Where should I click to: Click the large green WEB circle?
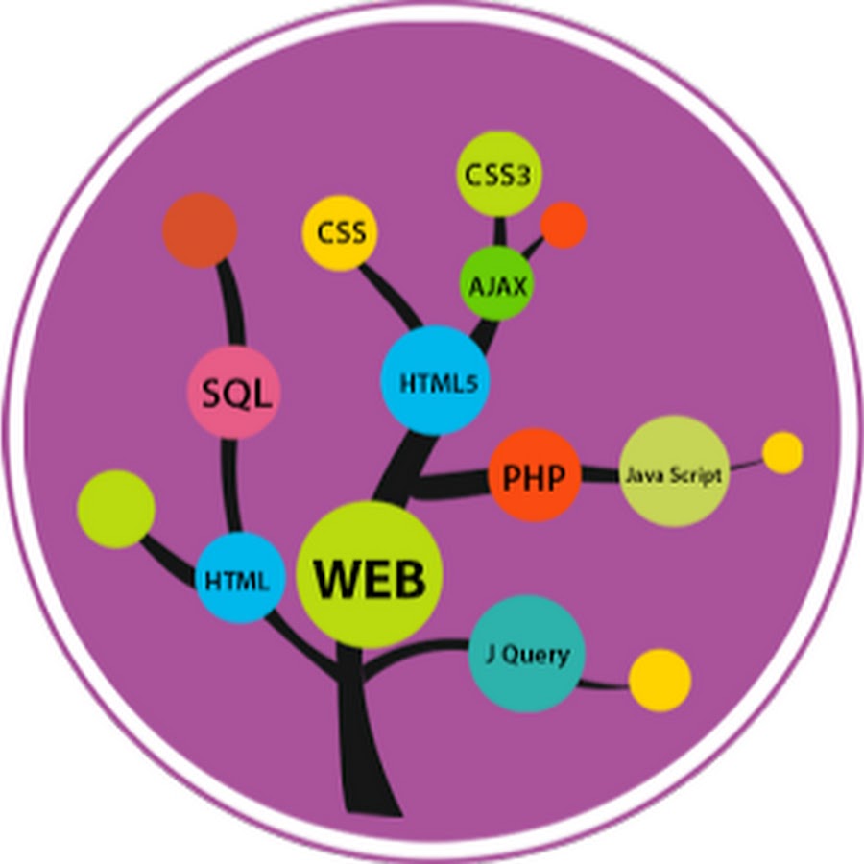pos(370,576)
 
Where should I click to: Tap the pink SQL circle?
pos(233,393)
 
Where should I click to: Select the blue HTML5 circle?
pos(435,380)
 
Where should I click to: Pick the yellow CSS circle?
pos(339,232)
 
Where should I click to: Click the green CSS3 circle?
pos(499,175)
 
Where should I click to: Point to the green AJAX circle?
pos(496,284)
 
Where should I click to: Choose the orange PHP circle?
pos(535,476)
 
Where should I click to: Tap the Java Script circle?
pos(674,472)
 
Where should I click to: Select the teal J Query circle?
pos(526,655)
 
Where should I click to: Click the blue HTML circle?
pos(240,578)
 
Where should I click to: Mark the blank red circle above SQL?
pos(200,230)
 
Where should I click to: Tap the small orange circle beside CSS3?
pos(564,225)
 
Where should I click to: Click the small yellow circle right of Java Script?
pos(782,452)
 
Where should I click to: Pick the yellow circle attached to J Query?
pos(660,681)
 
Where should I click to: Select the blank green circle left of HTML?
pos(115,509)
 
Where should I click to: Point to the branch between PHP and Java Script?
pos(600,474)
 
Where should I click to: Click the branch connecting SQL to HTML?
pos(230,486)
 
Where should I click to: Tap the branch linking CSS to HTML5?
pos(390,297)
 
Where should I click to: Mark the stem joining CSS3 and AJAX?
pos(500,231)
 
